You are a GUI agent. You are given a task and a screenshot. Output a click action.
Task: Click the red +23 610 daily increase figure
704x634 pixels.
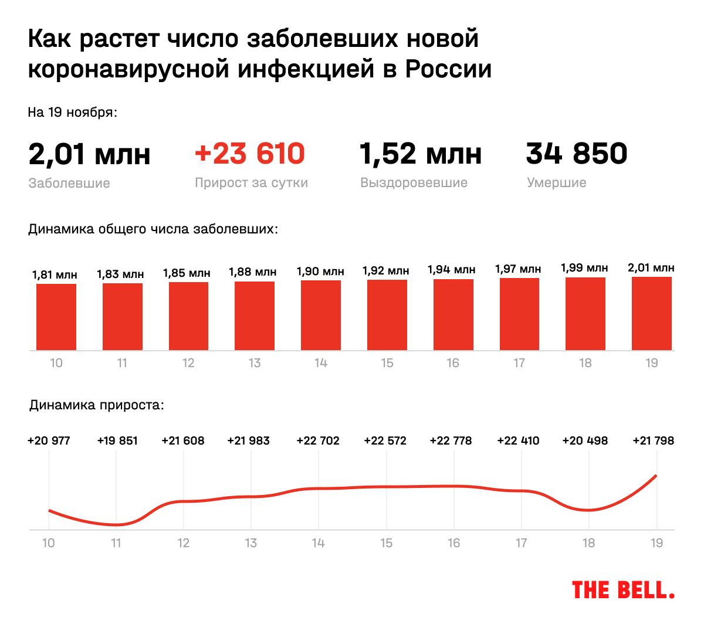click(250, 154)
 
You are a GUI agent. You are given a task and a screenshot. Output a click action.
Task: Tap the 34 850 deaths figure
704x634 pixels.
click(577, 154)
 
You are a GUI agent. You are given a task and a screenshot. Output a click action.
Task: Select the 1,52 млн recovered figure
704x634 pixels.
click(420, 154)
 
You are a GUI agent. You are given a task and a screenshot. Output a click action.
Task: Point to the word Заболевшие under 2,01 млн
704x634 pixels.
click(69, 183)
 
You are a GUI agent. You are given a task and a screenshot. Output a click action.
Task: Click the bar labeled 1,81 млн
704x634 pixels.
click(56, 317)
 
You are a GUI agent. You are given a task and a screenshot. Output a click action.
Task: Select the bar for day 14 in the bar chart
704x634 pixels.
click(321, 315)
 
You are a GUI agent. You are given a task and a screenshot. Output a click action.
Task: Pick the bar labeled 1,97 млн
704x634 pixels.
click(519, 314)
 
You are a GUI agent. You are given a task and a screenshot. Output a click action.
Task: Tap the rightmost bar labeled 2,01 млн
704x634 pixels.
click(652, 313)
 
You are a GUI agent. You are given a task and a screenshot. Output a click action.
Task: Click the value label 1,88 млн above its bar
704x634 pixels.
click(253, 272)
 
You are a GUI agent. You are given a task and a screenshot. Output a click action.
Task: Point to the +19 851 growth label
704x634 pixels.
click(117, 440)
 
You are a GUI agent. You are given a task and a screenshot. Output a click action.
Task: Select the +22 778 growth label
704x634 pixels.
click(451, 440)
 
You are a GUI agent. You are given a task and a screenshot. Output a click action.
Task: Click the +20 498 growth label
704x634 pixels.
click(585, 440)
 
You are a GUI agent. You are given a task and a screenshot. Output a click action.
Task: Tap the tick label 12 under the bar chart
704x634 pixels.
click(188, 363)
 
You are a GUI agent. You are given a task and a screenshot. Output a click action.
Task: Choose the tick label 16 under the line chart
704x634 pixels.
click(453, 543)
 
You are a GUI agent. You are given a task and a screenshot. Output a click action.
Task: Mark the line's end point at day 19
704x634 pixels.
click(656, 475)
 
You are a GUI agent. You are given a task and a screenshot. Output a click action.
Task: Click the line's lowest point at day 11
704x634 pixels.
click(116, 524)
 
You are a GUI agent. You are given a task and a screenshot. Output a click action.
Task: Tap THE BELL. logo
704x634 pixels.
click(623, 590)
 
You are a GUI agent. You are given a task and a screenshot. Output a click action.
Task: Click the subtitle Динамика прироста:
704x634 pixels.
click(97, 405)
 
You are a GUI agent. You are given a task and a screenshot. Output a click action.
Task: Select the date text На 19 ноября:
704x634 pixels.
click(73, 112)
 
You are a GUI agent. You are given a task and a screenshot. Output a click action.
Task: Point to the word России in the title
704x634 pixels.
click(449, 69)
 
